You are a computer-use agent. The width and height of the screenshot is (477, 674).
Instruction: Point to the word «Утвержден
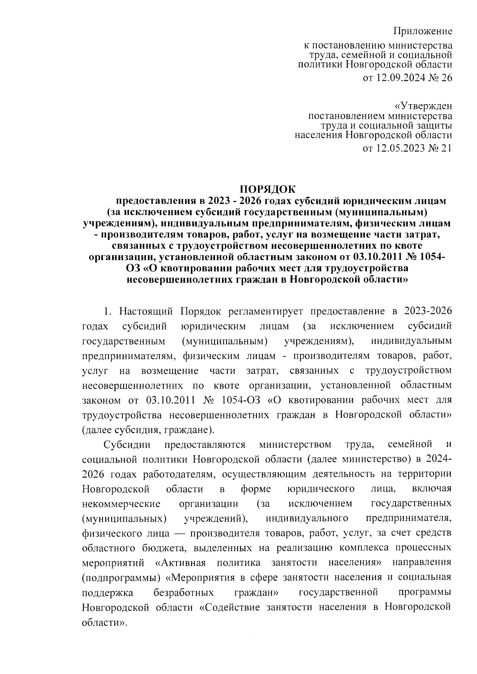[423, 107]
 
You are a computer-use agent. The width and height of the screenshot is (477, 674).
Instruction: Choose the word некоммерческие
[121, 504]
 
